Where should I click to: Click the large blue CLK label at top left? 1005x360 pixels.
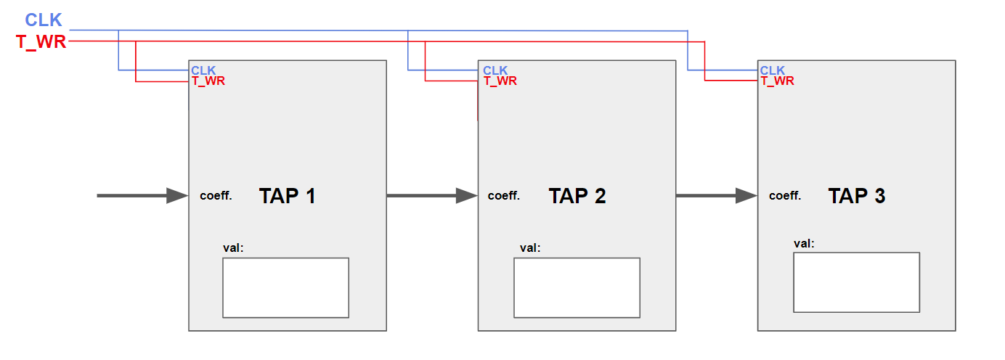point(44,20)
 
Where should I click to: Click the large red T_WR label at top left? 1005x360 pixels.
point(41,42)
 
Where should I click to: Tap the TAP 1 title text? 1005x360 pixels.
point(288,196)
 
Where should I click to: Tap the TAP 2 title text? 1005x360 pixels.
point(577,196)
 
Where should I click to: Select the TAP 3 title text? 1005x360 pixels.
point(857,196)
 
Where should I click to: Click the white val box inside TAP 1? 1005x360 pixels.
point(285,287)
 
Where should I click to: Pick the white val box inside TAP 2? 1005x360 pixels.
point(577,287)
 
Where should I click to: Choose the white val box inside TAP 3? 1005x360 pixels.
point(856,282)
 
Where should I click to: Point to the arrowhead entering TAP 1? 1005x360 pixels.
point(176,196)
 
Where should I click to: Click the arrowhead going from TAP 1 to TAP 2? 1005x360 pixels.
point(466,196)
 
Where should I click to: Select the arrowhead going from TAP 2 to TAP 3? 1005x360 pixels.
point(746,196)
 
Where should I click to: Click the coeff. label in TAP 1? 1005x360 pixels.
point(216,196)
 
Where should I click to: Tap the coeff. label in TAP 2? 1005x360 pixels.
point(504,196)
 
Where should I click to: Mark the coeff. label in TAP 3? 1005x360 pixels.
point(785,196)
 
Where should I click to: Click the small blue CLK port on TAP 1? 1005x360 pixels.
point(203,70)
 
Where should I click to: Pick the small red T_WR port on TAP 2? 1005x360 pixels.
point(500,81)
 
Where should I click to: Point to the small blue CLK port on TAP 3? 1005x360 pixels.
point(773,70)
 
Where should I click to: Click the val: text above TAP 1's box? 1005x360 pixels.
point(234,248)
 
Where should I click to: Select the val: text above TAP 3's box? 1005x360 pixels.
point(805,243)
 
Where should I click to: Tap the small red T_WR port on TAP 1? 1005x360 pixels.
point(208,81)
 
